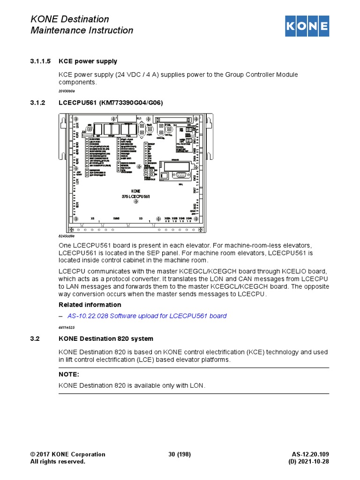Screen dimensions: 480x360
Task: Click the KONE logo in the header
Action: tap(307, 26)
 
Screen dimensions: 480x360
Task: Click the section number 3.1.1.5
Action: tap(40, 61)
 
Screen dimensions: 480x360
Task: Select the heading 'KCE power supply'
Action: tap(88, 61)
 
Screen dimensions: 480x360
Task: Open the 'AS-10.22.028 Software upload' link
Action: tap(147, 316)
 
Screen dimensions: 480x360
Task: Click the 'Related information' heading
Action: tap(90, 305)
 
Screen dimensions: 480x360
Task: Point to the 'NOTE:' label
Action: tap(69, 375)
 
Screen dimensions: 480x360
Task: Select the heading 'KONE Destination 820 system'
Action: tap(105, 338)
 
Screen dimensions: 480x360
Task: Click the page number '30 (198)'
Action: tap(180, 454)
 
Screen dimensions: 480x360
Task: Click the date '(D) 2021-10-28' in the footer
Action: tap(308, 462)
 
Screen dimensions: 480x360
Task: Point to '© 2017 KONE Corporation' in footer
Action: tap(67, 454)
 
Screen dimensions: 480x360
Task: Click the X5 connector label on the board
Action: tap(92, 218)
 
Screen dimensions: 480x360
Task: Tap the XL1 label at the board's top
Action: tap(138, 119)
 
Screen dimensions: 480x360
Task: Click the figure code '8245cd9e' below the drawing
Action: tap(67, 237)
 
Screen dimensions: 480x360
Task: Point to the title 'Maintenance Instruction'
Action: tap(82, 30)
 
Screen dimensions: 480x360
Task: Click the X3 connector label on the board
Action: tap(141, 218)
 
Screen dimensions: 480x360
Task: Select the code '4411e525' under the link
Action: tap(67, 327)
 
